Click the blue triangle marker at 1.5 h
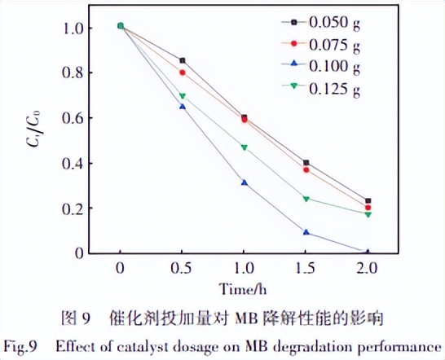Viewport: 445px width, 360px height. point(306,232)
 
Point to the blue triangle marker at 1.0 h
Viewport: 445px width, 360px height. point(244,182)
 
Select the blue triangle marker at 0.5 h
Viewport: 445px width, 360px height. point(183,107)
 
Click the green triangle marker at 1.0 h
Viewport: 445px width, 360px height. point(244,147)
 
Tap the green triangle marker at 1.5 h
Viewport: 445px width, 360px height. point(306,199)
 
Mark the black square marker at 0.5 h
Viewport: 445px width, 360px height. point(183,60)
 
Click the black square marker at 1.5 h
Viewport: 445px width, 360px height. point(306,163)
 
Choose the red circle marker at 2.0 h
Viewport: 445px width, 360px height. point(368,208)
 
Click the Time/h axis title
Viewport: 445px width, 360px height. point(243,288)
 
